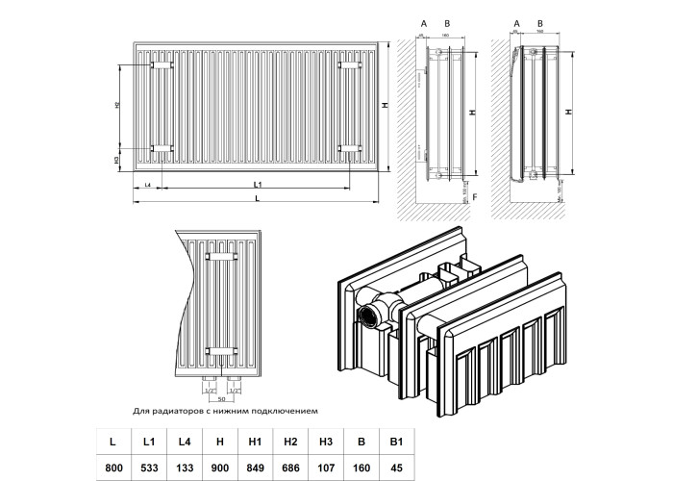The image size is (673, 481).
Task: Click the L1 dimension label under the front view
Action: coord(258,184)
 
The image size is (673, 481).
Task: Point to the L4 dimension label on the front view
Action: coord(147,183)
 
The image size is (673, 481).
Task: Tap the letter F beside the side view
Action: coord(476,196)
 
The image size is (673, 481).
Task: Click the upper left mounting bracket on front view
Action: coord(162,65)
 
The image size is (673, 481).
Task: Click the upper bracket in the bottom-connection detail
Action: coord(222,258)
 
